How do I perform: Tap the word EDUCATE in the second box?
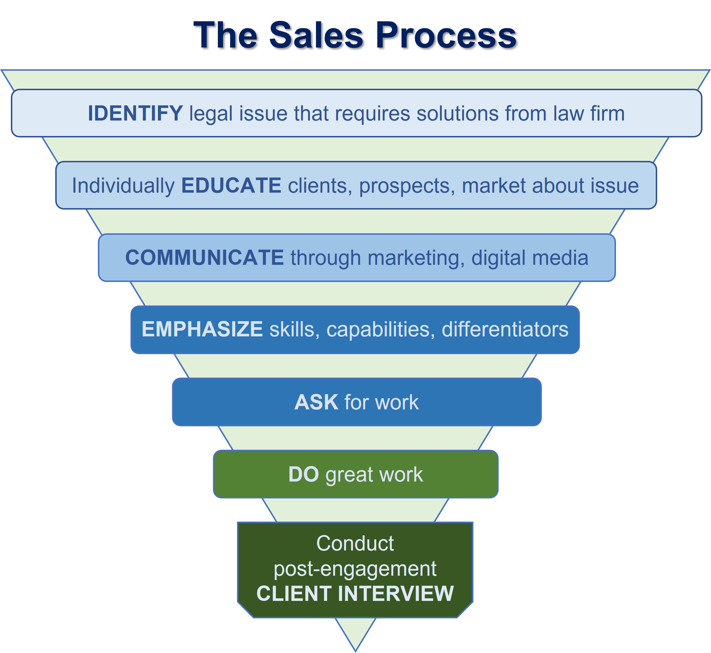click(x=231, y=186)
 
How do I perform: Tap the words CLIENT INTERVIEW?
click(x=355, y=594)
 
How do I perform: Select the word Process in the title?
click(x=446, y=35)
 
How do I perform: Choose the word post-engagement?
click(x=355, y=569)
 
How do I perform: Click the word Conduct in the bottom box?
click(x=355, y=543)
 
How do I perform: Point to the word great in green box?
click(x=349, y=475)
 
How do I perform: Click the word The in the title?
click(x=226, y=35)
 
